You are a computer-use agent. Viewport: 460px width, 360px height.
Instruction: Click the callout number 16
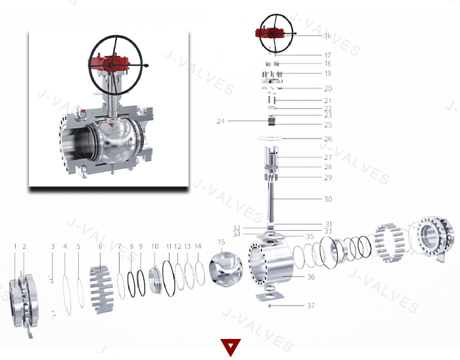pyautogui.click(x=327, y=36)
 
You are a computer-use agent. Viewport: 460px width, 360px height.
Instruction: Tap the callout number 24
pyautogui.click(x=221, y=121)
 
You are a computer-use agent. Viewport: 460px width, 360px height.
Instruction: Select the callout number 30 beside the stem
pyautogui.click(x=327, y=199)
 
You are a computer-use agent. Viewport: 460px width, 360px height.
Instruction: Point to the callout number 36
pyautogui.click(x=311, y=277)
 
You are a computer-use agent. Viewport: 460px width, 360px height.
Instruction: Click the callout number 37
pyautogui.click(x=311, y=305)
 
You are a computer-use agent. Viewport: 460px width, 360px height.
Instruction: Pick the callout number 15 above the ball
pyautogui.click(x=221, y=242)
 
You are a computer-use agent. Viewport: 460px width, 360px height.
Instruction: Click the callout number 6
pyautogui.click(x=101, y=246)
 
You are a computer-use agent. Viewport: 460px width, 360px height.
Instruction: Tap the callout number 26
pyautogui.click(x=328, y=139)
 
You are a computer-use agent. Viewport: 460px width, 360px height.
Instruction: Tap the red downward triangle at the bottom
pyautogui.click(x=230, y=347)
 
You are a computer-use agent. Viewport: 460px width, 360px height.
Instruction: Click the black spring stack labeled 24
pyautogui.click(x=270, y=122)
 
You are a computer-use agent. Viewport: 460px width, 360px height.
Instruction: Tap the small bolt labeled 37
pyautogui.click(x=270, y=305)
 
